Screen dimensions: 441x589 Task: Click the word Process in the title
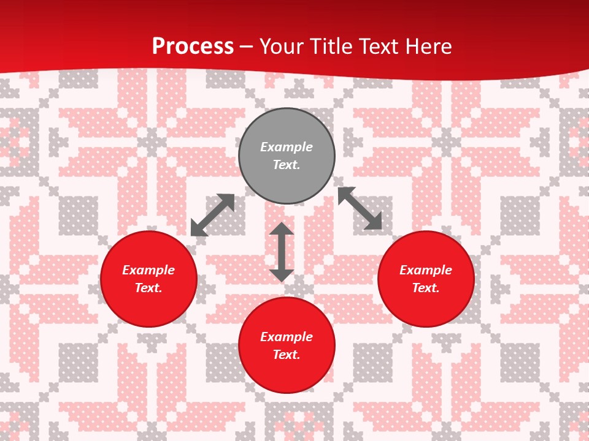tap(193, 47)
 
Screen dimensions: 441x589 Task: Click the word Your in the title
tap(281, 47)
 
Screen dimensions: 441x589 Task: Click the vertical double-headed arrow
tap(282, 252)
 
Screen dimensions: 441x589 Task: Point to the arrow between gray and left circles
tap(212, 215)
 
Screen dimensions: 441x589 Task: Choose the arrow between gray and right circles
tap(360, 208)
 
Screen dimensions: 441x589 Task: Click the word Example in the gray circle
tap(287, 147)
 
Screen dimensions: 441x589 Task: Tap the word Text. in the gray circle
tap(287, 165)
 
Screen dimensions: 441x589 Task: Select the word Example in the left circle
tap(148, 270)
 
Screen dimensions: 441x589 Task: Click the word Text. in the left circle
tap(148, 288)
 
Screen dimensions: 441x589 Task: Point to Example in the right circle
tap(426, 270)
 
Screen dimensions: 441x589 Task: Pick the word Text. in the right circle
tap(426, 288)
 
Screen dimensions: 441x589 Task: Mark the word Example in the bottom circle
tap(287, 337)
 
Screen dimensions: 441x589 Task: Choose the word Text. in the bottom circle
tap(287, 355)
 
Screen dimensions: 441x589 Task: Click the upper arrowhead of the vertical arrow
tap(282, 230)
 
